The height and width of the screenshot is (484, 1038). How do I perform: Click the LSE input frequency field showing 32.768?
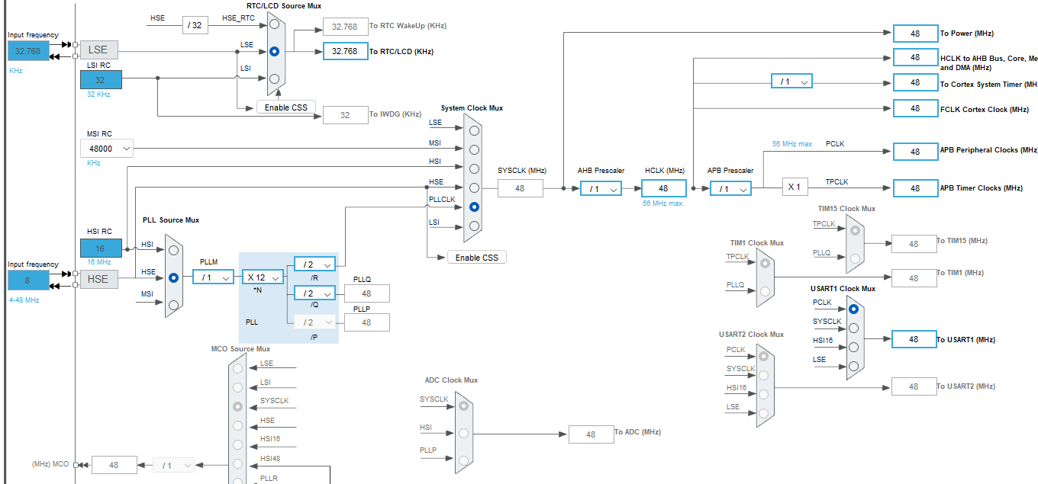coord(28,51)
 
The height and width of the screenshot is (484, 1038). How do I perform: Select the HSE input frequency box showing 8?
coord(28,280)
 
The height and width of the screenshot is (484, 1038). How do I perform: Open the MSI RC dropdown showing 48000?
coord(106,149)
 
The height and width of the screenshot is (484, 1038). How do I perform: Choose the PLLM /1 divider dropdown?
coord(213,278)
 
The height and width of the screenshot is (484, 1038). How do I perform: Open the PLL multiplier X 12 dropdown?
coord(263,278)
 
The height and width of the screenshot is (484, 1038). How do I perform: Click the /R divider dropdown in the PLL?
coord(314,264)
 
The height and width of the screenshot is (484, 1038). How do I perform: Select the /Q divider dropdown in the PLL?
coord(314,293)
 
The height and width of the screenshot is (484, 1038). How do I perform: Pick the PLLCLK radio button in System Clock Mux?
coord(474,207)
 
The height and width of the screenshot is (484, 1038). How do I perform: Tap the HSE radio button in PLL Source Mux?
coord(173,278)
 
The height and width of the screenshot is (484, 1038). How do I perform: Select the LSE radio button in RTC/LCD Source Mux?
coord(274,51)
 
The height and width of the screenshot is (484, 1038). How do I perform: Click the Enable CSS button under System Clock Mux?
coord(476,258)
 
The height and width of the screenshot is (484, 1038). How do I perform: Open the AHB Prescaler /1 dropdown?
coord(601,189)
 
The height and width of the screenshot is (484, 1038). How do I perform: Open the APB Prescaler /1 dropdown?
coord(730,189)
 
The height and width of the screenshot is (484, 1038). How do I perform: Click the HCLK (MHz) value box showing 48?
coord(663,189)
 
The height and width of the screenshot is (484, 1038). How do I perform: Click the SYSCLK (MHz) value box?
coord(520,188)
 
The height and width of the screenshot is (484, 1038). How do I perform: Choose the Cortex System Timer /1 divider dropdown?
coord(791,82)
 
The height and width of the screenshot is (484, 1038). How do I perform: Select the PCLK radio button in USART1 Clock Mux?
coord(853,309)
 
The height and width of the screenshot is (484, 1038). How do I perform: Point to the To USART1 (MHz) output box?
coord(914,340)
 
